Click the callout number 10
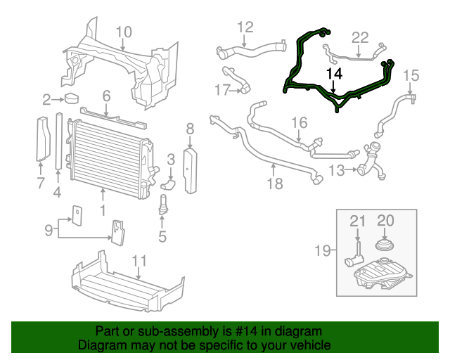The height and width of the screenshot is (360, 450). click(x=123, y=32)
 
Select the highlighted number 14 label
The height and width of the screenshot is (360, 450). click(x=334, y=73)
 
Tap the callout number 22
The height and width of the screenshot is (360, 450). click(x=360, y=37)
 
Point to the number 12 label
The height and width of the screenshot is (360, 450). click(x=245, y=27)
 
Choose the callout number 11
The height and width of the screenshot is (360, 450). click(x=140, y=262)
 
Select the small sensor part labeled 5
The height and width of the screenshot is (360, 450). click(x=163, y=205)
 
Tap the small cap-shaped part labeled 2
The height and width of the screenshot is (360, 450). click(x=72, y=99)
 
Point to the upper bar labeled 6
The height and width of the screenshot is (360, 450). click(x=112, y=115)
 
